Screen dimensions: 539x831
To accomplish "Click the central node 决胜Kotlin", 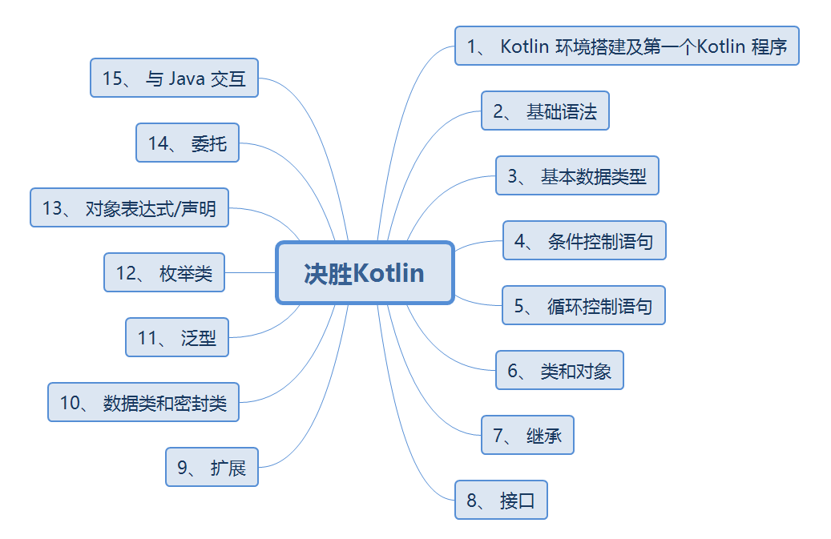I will (365, 273).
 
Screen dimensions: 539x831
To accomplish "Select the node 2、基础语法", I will (545, 111).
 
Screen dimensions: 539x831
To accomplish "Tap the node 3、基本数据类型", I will (577, 176).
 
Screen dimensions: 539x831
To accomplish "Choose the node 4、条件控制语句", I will (584, 241).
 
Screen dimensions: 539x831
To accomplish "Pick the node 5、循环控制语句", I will (583, 305).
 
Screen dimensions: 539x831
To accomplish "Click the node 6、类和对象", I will (559, 370).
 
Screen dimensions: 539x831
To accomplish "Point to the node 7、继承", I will (527, 435).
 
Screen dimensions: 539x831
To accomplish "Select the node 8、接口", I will (501, 501).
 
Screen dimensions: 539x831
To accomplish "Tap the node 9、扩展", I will (212, 467).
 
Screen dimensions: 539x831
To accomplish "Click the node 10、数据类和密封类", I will (143, 403).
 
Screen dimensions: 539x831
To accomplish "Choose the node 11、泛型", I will (176, 337).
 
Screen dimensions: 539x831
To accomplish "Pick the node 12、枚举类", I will (163, 273).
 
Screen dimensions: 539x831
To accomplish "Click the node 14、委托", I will (188, 143).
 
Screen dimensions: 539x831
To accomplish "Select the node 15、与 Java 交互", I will (174, 78).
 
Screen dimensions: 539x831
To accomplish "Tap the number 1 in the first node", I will (472, 46).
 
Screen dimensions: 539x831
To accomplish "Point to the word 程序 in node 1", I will (769, 46).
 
